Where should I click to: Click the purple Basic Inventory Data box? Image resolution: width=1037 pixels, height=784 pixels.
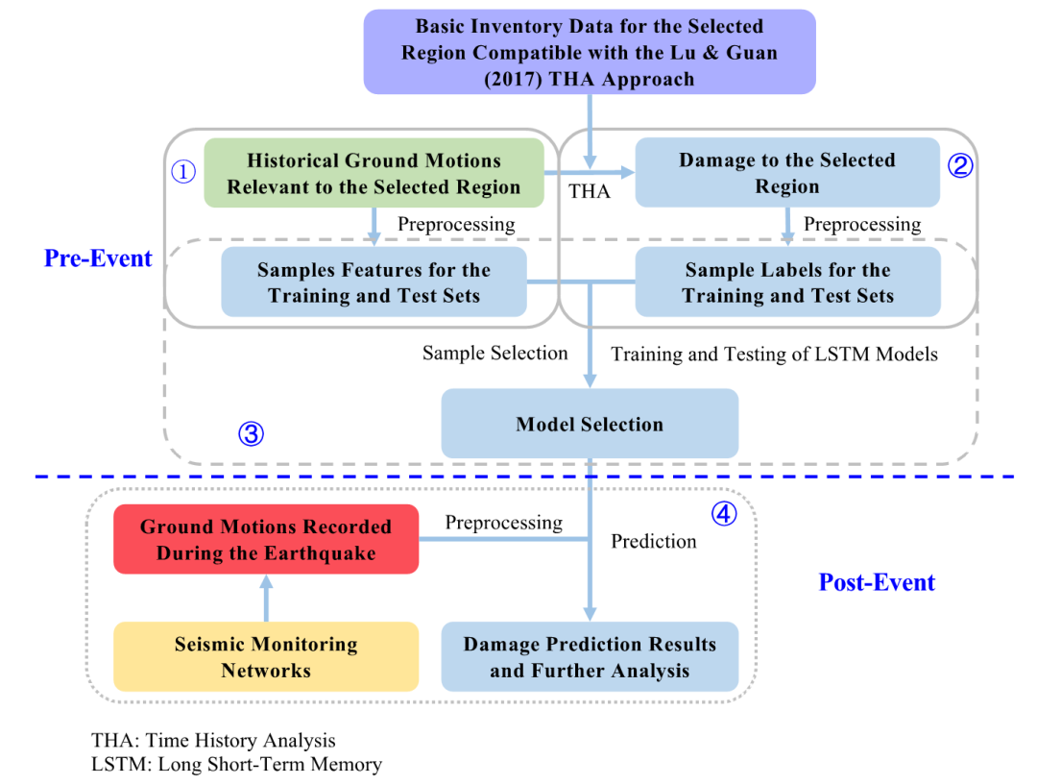pyautogui.click(x=590, y=52)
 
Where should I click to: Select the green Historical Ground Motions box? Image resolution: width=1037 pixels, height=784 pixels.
pyautogui.click(x=374, y=173)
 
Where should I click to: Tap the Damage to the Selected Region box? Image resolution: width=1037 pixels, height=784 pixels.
pyautogui.click(x=786, y=173)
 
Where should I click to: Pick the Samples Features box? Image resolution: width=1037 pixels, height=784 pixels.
pyautogui.click(x=374, y=282)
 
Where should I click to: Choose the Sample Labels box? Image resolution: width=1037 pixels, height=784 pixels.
pyautogui.click(x=787, y=282)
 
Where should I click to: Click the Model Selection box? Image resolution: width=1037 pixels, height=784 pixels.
pyautogui.click(x=590, y=424)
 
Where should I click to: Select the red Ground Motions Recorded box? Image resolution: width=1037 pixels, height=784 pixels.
pyautogui.click(x=266, y=540)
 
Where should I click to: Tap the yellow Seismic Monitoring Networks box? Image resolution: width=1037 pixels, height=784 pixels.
pyautogui.click(x=266, y=657)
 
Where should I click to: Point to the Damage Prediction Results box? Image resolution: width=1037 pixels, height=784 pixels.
pyautogui.click(x=590, y=657)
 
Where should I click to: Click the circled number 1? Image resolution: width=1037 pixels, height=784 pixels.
pyautogui.click(x=182, y=171)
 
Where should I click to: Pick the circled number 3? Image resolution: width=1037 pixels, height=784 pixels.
pyautogui.click(x=251, y=434)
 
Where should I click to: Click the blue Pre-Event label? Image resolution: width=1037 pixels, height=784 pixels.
pyautogui.click(x=98, y=258)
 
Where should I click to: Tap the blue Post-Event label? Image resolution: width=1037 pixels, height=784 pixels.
pyautogui.click(x=877, y=582)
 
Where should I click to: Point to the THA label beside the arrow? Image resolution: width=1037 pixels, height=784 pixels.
pyautogui.click(x=589, y=191)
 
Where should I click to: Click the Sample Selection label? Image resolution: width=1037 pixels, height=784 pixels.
pyautogui.click(x=494, y=354)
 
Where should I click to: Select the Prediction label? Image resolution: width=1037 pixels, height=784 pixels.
pyautogui.click(x=654, y=542)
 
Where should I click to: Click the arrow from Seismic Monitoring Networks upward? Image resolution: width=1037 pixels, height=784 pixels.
pyautogui.click(x=266, y=598)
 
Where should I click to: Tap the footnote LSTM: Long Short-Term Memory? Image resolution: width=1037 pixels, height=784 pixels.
pyautogui.click(x=237, y=765)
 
